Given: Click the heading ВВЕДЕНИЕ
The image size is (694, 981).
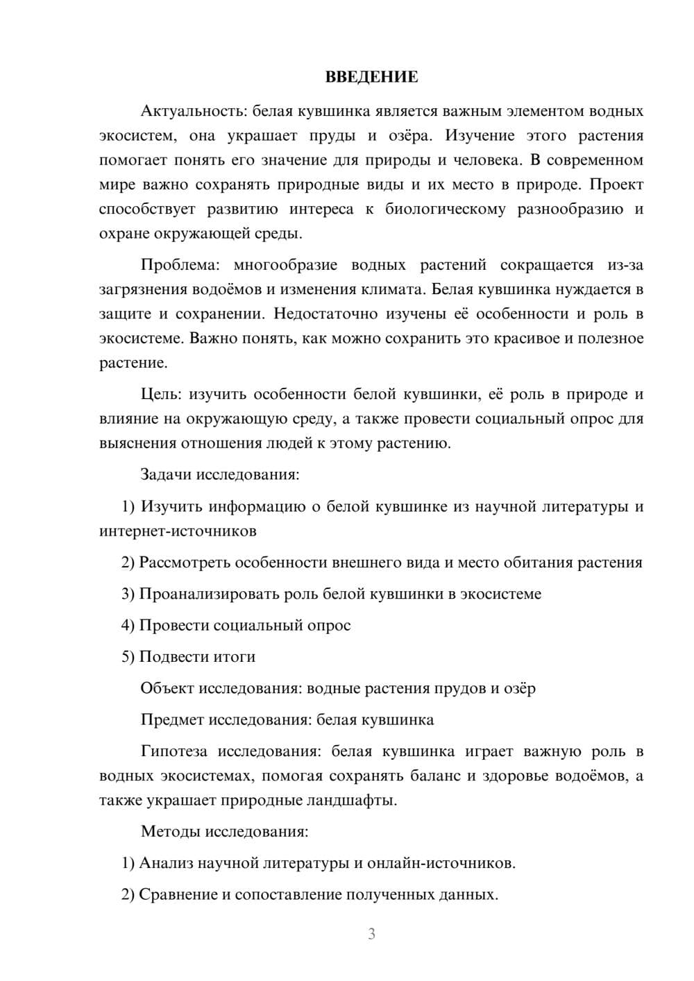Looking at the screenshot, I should (x=371, y=77).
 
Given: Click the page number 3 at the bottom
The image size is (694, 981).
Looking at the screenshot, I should (x=371, y=934).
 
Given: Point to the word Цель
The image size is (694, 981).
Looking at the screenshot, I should (x=160, y=395).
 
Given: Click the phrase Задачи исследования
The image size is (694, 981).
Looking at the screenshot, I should (x=219, y=475).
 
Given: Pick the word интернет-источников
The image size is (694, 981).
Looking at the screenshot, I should (x=178, y=531).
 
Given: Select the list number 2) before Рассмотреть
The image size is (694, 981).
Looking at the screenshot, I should (x=128, y=563).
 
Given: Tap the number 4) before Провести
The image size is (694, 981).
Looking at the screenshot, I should (x=128, y=625).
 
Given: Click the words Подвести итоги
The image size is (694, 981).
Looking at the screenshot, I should (x=197, y=656).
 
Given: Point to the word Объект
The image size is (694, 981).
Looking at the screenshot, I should (x=167, y=688).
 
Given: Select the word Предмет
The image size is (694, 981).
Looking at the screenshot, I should (x=171, y=719).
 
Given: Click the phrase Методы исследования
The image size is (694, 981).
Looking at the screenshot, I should (x=224, y=832).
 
